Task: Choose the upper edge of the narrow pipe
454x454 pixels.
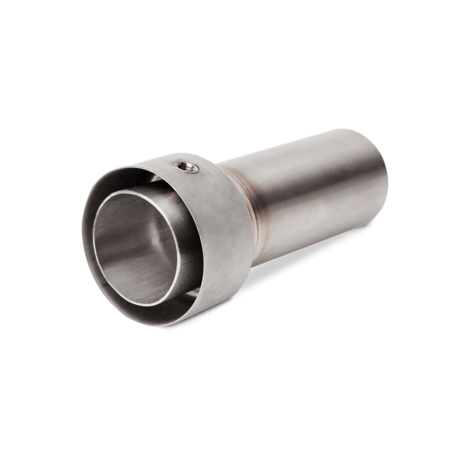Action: [303, 144]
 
